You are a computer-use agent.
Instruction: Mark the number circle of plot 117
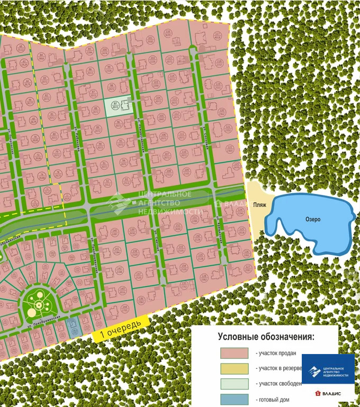(218, 36)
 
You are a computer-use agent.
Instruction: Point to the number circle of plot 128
(204, 276)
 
